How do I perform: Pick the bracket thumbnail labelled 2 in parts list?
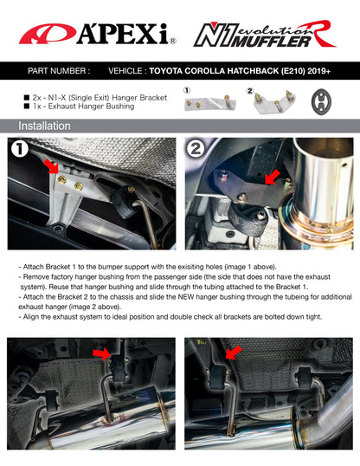(268, 103)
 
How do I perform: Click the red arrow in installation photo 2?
(271, 178)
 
